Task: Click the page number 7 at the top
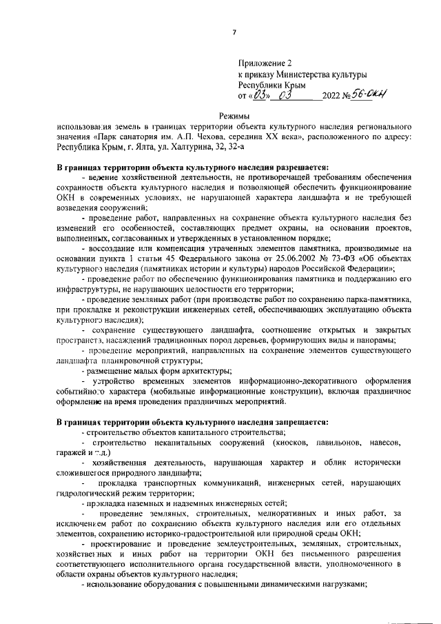pyautogui.click(x=234, y=32)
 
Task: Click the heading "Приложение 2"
pyautogui.click(x=264, y=62)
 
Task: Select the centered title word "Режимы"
pyautogui.click(x=234, y=117)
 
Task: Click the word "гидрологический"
pyautogui.click(x=90, y=493)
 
